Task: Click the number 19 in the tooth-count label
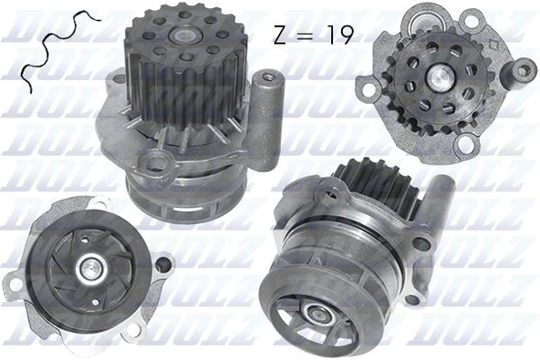point(339,36)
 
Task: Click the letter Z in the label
point(280,36)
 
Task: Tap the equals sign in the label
point(309,36)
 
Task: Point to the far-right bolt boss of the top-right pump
point(525,68)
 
